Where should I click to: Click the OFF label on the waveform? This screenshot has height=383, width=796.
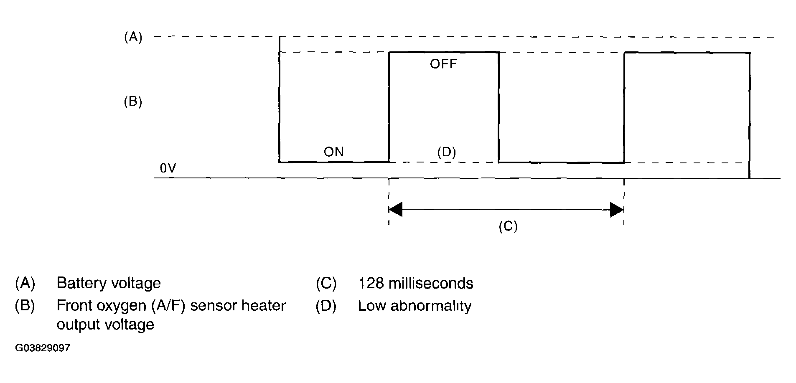coord(443,64)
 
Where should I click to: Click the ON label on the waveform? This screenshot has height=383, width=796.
coord(333,152)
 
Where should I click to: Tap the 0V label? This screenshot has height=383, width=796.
coord(168,168)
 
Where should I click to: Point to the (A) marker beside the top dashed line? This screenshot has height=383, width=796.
coord(133,38)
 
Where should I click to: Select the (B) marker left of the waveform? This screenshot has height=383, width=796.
coord(133,102)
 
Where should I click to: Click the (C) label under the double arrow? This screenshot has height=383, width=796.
coord(508,226)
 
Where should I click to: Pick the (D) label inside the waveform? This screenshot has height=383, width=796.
coord(446,152)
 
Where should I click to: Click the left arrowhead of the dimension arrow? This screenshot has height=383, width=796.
coord(395,210)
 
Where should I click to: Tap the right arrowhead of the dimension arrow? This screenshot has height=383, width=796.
coord(617,210)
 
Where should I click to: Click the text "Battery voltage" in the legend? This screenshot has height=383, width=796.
coord(109,283)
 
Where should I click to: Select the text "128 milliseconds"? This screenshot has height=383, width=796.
coord(416,283)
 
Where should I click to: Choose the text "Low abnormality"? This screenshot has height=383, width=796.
coord(415,306)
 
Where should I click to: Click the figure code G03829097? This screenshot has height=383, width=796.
coord(43,348)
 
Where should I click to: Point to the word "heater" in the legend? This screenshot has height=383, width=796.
coord(264,306)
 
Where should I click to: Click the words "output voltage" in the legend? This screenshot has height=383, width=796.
coord(105,325)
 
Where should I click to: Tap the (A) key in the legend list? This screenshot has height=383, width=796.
coord(25,283)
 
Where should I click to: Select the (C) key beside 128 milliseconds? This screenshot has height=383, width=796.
coord(326,283)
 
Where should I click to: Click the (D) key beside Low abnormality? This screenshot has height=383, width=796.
coord(326,306)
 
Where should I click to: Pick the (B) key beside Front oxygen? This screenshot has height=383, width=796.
coord(25,306)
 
